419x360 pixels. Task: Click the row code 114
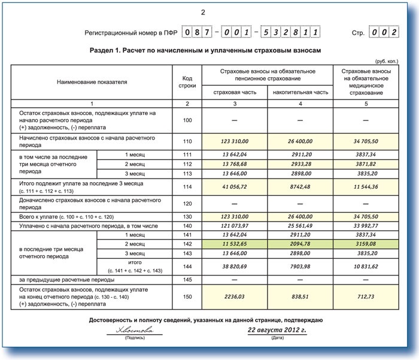pyautogui.click(x=187, y=186)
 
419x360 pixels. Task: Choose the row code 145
pyautogui.click(x=187, y=279)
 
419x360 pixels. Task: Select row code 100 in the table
pyautogui.click(x=187, y=120)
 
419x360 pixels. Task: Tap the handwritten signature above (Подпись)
pyautogui.click(x=131, y=329)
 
